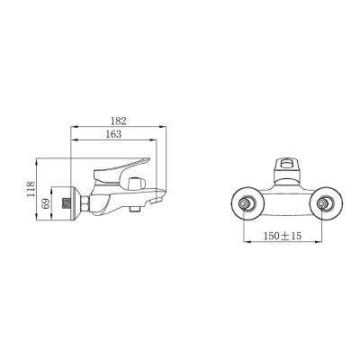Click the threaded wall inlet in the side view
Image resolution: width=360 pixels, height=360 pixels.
coord(62,203)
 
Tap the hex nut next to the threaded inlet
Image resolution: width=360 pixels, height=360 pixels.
coord(80,203)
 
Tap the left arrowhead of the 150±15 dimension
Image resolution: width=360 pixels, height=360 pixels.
coord(246,243)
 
